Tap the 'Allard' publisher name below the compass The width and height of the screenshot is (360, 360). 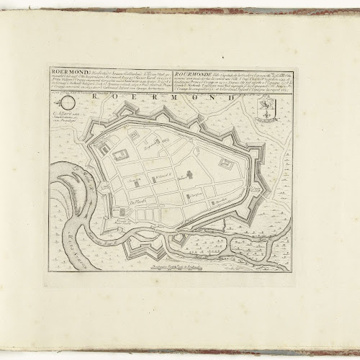tap(68, 113)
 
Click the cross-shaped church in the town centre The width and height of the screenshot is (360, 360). tap(190, 175)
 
